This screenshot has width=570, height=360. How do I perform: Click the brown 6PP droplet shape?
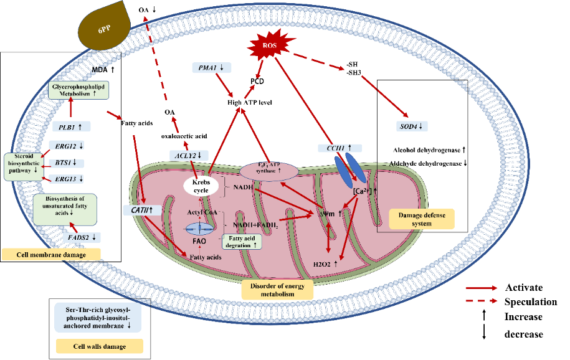[103, 27]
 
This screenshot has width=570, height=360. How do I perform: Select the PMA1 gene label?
[212, 67]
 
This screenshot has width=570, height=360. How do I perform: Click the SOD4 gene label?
[412, 126]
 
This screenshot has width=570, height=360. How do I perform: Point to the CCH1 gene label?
[339, 148]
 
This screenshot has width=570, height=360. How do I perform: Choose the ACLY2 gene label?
[188, 154]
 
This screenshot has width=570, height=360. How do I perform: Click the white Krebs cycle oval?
[200, 185]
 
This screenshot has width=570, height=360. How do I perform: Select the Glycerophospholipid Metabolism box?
[79, 92]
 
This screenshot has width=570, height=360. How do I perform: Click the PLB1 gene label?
[71, 126]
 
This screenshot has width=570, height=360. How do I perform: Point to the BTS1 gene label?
[65, 163]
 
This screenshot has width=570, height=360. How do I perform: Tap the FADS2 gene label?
[82, 237]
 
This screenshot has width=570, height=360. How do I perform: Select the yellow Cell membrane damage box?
[52, 254]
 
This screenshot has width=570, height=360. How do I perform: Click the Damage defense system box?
[422, 219]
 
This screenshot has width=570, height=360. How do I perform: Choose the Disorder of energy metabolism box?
[277, 290]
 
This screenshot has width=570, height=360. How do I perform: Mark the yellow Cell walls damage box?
[100, 346]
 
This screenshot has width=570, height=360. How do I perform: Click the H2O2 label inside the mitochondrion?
[325, 264]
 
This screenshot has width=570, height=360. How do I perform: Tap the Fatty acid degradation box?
[242, 241]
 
